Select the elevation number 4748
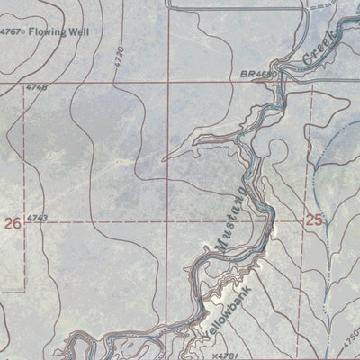(37, 87)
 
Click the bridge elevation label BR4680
(256, 76)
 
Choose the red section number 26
(13, 222)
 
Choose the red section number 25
(313, 218)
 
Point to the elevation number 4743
(37, 219)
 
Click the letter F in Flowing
(31, 31)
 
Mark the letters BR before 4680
(245, 76)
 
